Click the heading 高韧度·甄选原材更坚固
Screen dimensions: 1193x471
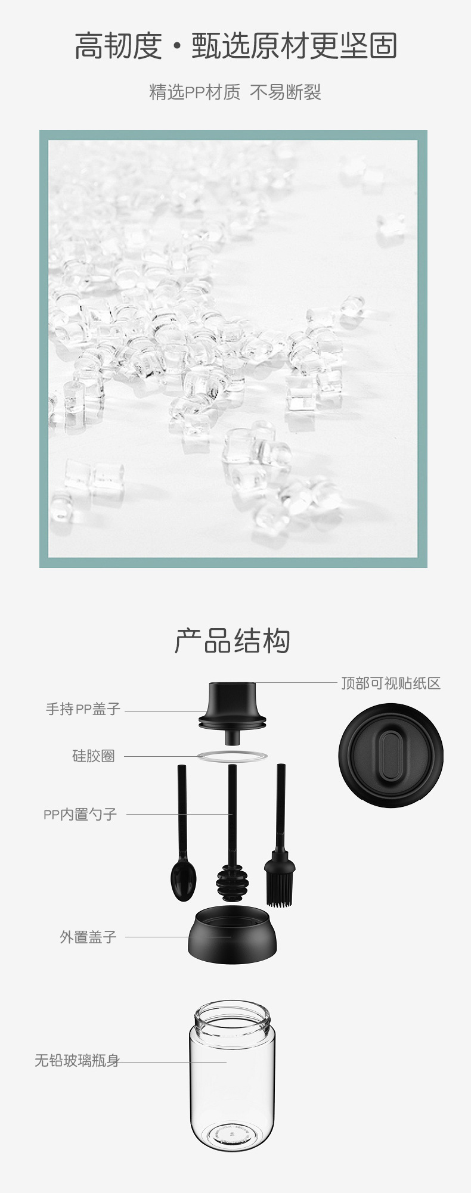pyautogui.click(x=235, y=46)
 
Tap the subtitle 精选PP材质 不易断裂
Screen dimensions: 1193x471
pyautogui.click(x=235, y=92)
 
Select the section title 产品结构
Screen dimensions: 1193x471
pyautogui.click(x=233, y=641)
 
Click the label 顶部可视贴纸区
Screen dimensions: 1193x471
pyautogui.click(x=391, y=683)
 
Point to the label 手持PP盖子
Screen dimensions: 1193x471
pyautogui.click(x=83, y=709)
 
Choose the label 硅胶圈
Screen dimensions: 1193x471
pyautogui.click(x=94, y=756)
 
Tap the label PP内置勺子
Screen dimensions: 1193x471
pyautogui.click(x=80, y=814)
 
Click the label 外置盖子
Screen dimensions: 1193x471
pyautogui.click(x=88, y=937)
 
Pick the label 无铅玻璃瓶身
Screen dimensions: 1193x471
pyautogui.click(x=77, y=1060)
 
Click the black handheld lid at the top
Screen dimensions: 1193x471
pyautogui.click(x=232, y=706)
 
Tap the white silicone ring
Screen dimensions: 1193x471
pyautogui.click(x=233, y=756)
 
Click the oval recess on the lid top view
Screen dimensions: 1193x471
pyautogui.click(x=391, y=755)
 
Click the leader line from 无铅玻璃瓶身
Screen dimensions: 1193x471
pyautogui.click(x=173, y=1062)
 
